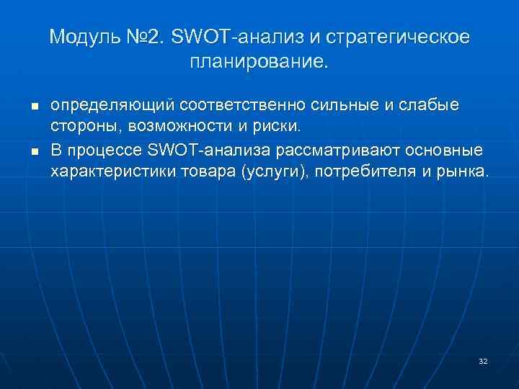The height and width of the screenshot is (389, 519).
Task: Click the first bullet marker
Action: [x=34, y=107]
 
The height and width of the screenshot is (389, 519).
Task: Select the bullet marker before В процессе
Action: [x=34, y=152]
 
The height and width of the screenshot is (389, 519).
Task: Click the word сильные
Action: [x=344, y=105]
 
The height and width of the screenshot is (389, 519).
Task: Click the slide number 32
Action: [x=483, y=360]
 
